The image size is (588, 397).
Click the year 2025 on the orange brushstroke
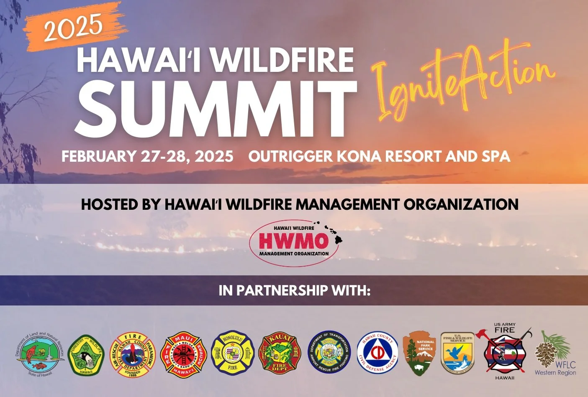coord(73,27)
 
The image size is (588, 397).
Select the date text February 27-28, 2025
coord(147,156)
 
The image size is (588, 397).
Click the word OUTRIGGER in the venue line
coord(290,156)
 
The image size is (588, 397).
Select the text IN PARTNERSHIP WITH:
coord(294,290)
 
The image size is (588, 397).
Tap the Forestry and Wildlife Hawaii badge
coord(86,355)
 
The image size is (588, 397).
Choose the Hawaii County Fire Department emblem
coord(133,355)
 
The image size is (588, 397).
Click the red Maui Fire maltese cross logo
coord(184,355)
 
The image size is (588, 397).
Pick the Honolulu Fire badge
coord(233,354)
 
